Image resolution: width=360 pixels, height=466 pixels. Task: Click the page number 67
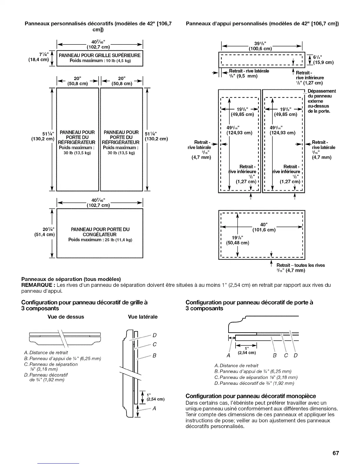coord(336,453)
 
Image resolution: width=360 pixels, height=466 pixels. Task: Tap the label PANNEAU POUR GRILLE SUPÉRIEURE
coord(100,55)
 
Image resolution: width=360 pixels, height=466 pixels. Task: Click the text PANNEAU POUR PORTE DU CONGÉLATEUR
coord(100,232)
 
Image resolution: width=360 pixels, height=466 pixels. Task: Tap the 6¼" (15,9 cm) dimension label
coord(323,60)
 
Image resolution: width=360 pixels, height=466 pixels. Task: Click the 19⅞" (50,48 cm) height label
coord(237,240)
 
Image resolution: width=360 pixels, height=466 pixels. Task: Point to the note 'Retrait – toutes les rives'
coord(300,265)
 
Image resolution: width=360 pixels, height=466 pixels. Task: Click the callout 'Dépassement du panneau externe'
coord(321,101)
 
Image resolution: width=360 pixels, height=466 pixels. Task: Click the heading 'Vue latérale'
coord(143,317)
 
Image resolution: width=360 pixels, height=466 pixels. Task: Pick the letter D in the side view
coord(155,335)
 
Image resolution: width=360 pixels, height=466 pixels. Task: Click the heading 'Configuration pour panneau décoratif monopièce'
coord(251,396)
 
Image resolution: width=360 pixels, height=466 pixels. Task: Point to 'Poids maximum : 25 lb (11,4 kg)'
coord(100,240)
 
